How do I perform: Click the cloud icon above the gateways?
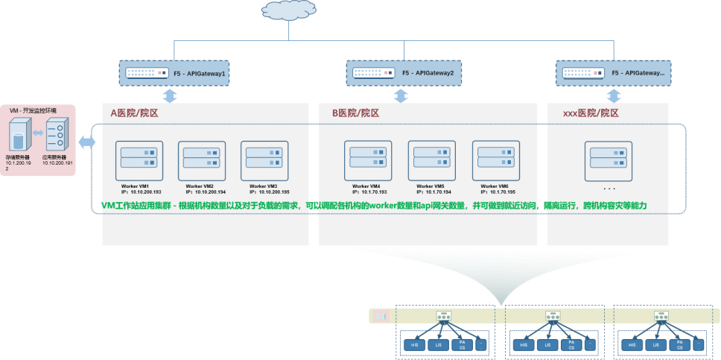(x=288, y=11)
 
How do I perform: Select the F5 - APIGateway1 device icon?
(x=146, y=74)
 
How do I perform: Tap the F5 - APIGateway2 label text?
(x=432, y=74)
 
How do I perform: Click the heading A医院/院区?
(x=135, y=113)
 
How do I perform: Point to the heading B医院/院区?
(x=356, y=113)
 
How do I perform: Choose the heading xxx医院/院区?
(x=591, y=113)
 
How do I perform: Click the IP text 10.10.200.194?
(x=205, y=192)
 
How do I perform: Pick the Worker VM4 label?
(x=366, y=186)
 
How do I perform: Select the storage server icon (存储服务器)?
(x=18, y=139)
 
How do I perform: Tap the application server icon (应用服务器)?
(x=56, y=137)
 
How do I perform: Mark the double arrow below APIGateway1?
(x=171, y=96)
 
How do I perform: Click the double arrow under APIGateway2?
(x=401, y=96)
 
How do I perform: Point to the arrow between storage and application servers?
(x=36, y=136)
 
